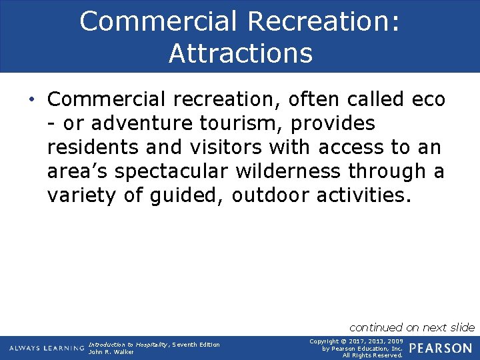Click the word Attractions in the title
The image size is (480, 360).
[240, 53]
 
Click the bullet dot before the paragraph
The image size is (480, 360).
[32, 99]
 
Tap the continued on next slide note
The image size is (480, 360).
[412, 327]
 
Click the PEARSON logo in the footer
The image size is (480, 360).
[440, 348]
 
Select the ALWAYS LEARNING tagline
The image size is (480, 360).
[47, 348]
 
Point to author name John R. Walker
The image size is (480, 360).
[111, 352]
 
